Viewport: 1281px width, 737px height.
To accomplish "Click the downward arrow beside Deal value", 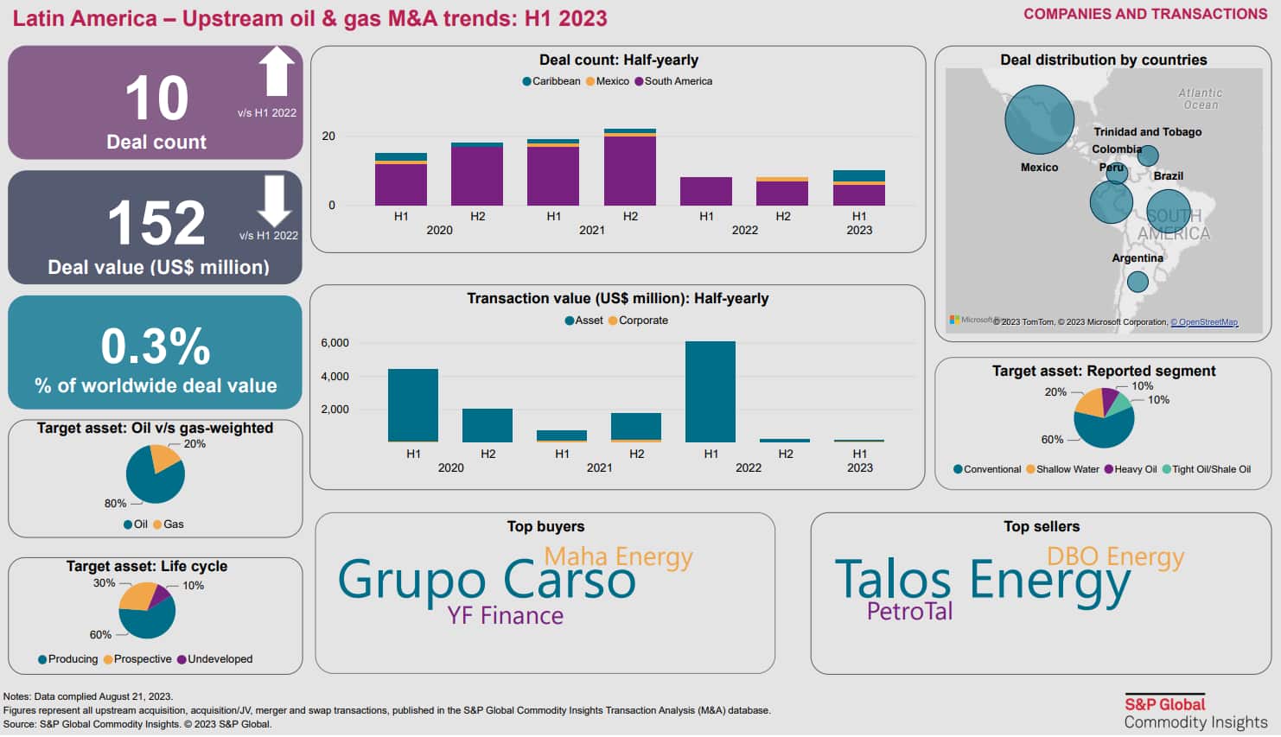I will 274,200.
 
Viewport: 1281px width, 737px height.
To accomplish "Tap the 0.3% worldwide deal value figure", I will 156,346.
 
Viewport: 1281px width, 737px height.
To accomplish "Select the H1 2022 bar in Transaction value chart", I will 711,391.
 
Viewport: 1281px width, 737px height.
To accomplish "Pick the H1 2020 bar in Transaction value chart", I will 413,405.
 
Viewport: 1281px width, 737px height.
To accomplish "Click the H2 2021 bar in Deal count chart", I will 630,168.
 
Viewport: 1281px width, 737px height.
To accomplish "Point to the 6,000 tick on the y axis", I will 335,343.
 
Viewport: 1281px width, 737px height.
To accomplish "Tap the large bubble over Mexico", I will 1039,120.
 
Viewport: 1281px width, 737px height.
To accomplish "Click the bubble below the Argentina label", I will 1138,282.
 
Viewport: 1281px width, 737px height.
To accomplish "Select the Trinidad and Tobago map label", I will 1147,132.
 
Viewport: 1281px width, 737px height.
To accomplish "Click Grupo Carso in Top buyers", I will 487,580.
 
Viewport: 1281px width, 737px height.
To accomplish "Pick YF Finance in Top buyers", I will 505,616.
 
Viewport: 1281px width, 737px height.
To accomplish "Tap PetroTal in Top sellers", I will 909,612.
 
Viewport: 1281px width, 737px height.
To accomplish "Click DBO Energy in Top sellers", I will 1115,556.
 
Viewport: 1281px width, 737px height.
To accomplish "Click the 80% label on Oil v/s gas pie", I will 115,504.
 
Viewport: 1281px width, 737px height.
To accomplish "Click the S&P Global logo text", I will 1164,704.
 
